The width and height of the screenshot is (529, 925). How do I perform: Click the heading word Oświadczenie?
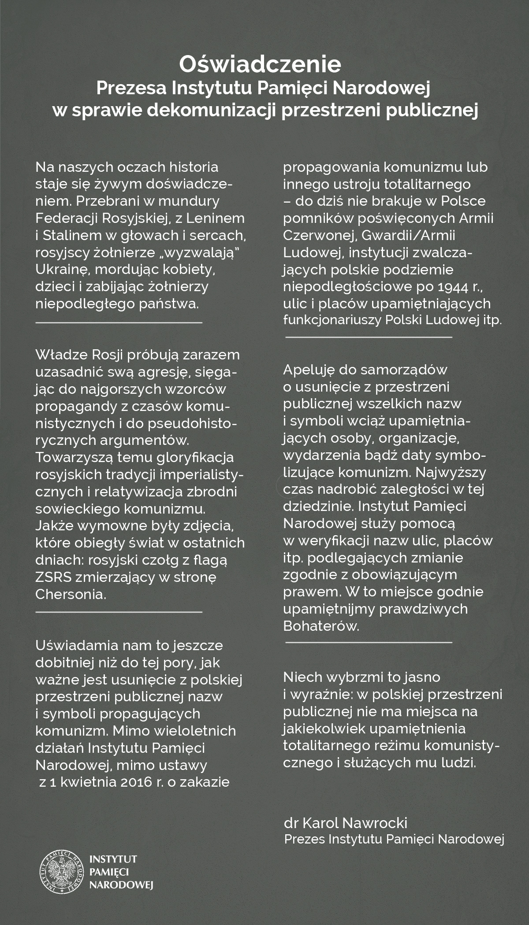point(260,64)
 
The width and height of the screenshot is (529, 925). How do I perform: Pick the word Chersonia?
point(71,594)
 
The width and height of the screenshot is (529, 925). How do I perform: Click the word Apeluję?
point(309,370)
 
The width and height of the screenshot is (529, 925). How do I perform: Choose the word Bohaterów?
point(321,626)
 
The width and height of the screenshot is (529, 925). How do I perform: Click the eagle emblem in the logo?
point(62,872)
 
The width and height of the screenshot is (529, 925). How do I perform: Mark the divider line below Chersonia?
point(119,612)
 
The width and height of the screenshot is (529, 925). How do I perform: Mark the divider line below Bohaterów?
point(369,643)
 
